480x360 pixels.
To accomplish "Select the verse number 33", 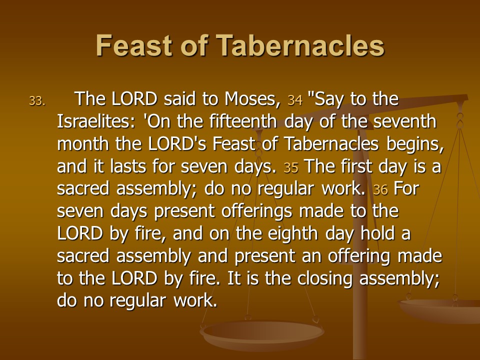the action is pyautogui.click(x=37, y=100).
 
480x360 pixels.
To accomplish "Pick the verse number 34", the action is pyautogui.click(x=295, y=100).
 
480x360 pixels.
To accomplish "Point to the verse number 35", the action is pyautogui.click(x=291, y=168).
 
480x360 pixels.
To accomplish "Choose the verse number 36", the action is pyautogui.click(x=380, y=190).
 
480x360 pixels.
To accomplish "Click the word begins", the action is pyautogui.click(x=415, y=144).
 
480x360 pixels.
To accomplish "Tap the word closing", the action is pyautogui.click(x=325, y=279).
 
